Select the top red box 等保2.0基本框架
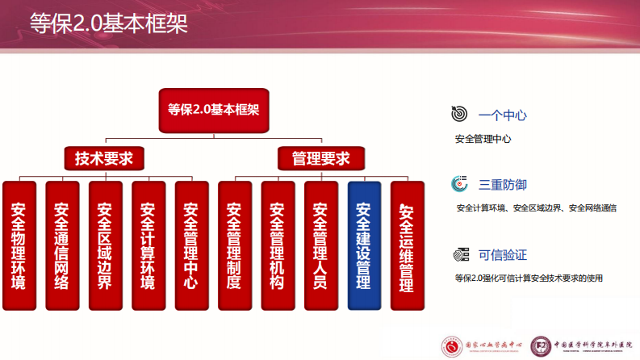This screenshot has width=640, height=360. [x=213, y=109]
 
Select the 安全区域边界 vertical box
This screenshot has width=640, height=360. [x=105, y=246]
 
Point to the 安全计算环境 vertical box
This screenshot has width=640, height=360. [x=148, y=246]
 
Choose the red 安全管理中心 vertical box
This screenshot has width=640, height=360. [x=191, y=246]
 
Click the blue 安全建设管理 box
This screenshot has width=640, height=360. [x=364, y=246]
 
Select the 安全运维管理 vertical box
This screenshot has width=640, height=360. [x=407, y=246]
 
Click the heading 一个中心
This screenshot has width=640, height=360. [x=502, y=115]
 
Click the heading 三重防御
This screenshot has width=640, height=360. [x=502, y=185]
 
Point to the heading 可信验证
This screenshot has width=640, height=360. [x=502, y=255]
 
